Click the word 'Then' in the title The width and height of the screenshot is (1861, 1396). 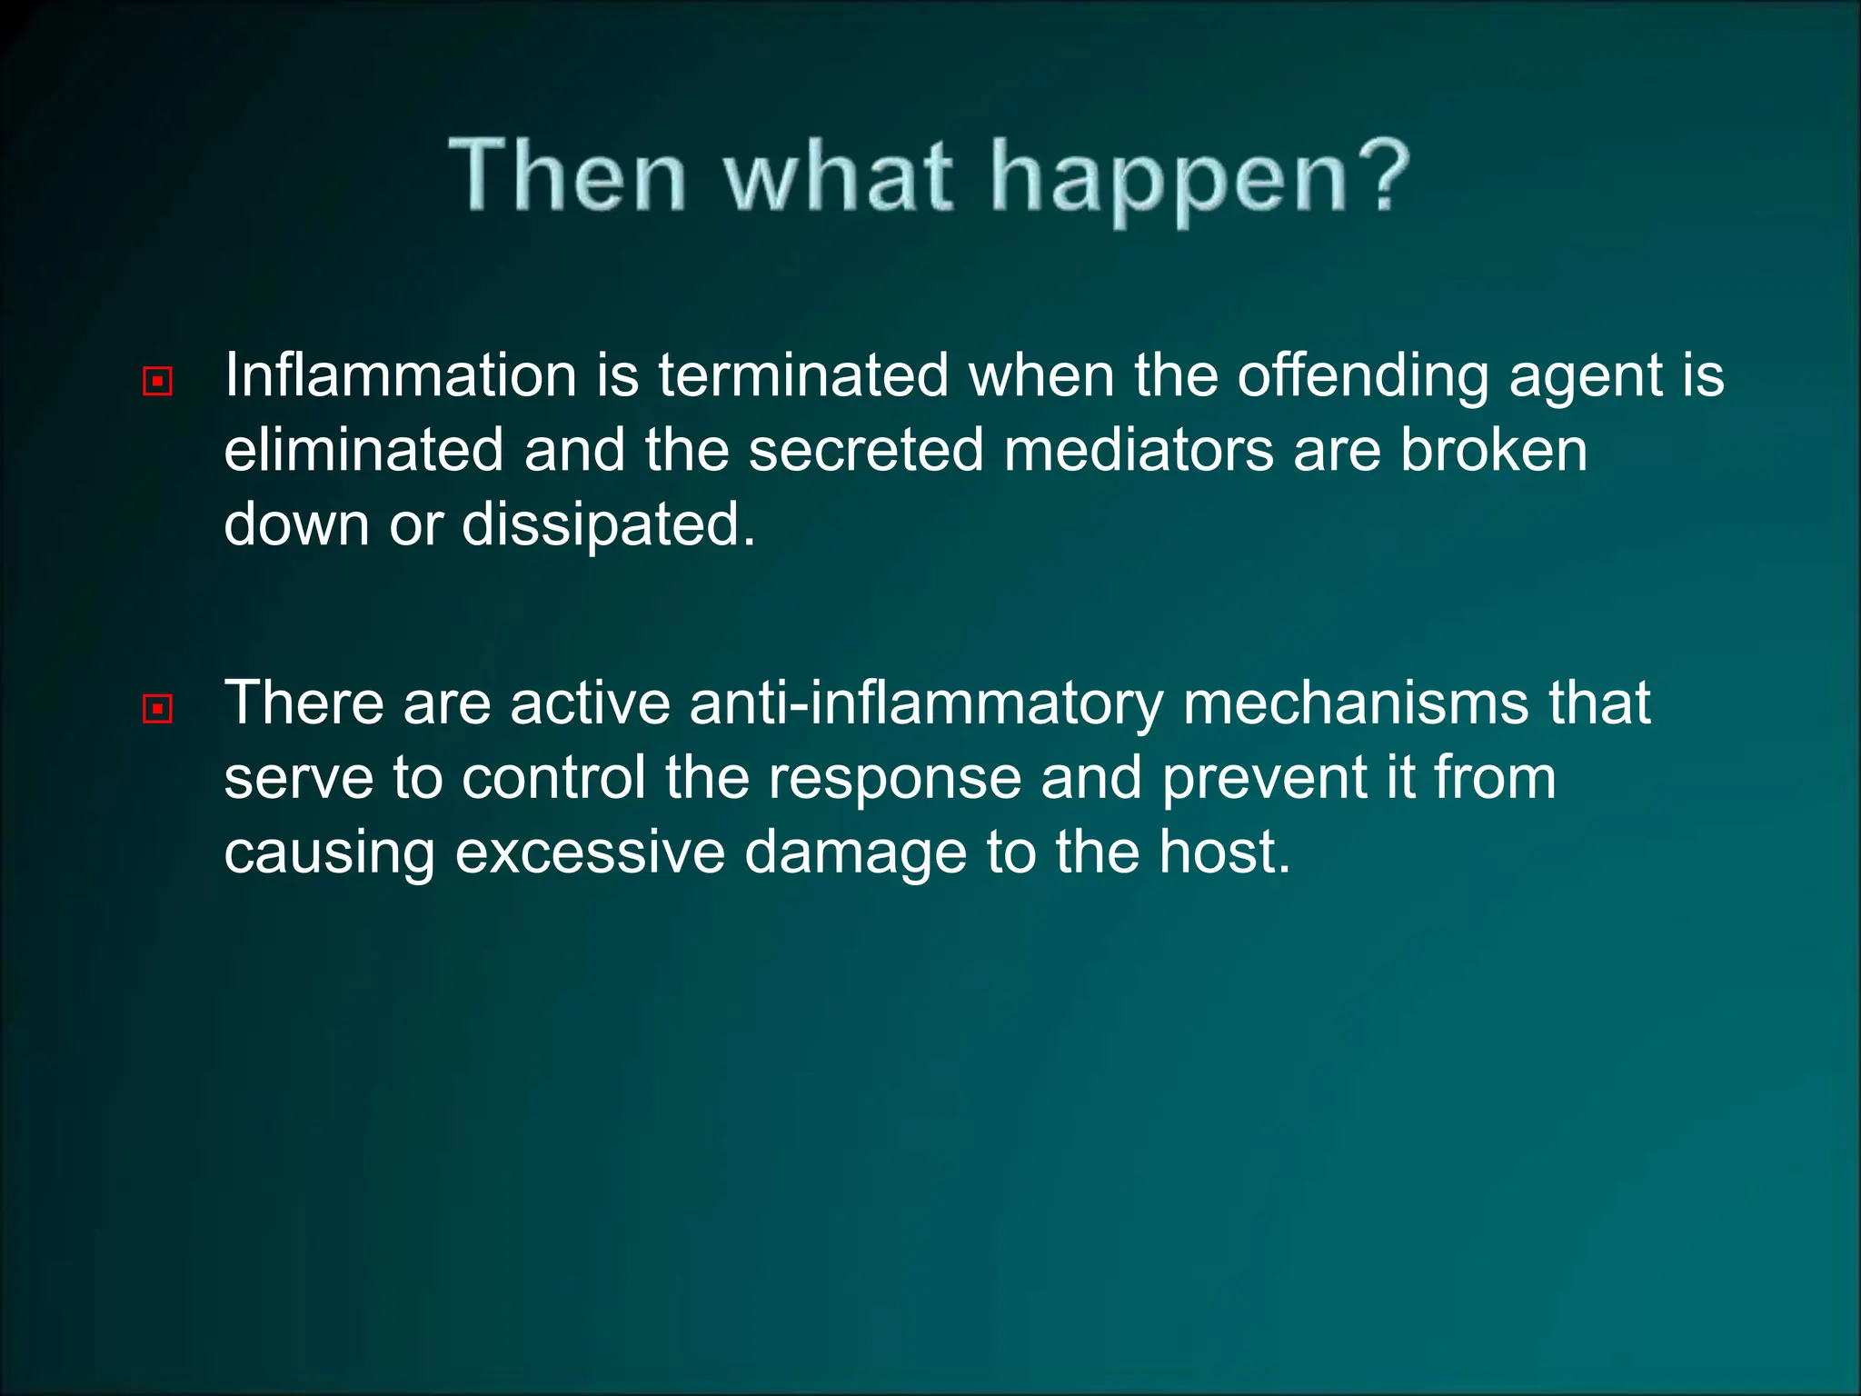pyautogui.click(x=568, y=174)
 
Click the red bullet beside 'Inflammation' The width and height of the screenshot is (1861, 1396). pyautogui.click(x=158, y=381)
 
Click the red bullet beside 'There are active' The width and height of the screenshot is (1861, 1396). pyautogui.click(x=158, y=708)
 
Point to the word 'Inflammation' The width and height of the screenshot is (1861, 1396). pyautogui.click(x=401, y=375)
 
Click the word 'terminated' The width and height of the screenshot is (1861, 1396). pyautogui.click(x=803, y=375)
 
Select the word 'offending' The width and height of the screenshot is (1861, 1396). pyautogui.click(x=1363, y=377)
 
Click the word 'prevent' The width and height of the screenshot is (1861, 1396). pyautogui.click(x=1266, y=780)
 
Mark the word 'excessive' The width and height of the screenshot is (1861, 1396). pyautogui.click(x=590, y=853)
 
